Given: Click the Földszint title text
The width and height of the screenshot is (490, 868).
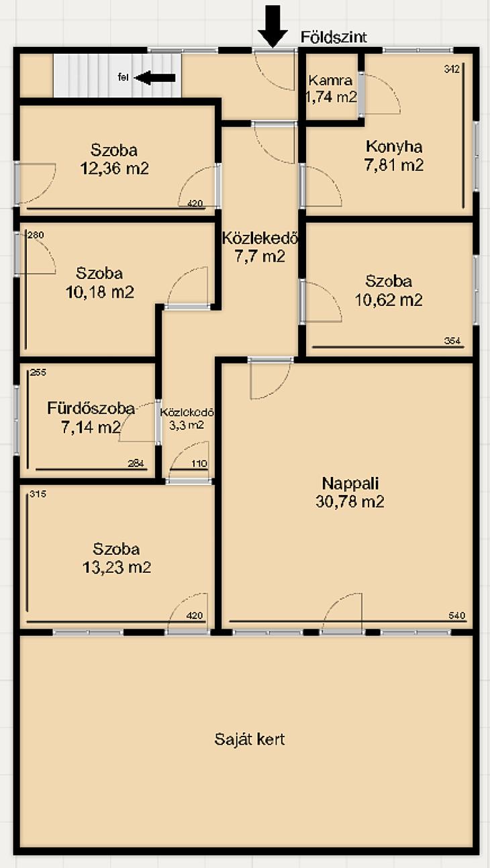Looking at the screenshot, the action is (334, 37).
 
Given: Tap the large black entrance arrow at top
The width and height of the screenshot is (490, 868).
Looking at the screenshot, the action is (273, 27).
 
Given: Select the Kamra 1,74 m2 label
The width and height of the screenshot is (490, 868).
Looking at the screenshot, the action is (331, 89).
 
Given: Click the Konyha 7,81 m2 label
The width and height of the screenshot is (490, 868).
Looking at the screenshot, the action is (394, 156).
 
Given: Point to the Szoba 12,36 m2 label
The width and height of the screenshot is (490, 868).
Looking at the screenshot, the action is (114, 159).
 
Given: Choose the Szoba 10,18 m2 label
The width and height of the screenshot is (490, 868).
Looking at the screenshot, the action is (99, 282).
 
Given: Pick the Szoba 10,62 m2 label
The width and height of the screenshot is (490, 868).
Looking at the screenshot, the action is (389, 290).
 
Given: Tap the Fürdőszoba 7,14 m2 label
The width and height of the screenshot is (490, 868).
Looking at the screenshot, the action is (91, 418).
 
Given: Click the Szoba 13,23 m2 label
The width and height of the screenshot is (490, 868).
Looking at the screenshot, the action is (116, 558).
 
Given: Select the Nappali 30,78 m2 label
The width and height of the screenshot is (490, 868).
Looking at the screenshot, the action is (350, 492).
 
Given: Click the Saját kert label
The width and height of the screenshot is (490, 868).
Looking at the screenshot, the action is (250, 739).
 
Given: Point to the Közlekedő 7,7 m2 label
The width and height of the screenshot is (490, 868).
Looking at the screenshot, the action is (260, 247).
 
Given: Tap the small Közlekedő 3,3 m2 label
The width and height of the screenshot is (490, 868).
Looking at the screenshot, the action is (187, 419).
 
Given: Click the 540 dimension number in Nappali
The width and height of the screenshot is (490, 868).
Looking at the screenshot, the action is (457, 615).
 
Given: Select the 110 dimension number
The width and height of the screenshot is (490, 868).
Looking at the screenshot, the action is (199, 464).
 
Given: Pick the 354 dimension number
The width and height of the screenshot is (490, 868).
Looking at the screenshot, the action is (452, 341).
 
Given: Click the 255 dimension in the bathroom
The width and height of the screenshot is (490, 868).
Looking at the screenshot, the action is (38, 372).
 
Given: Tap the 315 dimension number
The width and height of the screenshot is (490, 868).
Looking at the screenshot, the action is (38, 494).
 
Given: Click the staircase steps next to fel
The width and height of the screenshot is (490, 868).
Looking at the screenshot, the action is (117, 76).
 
